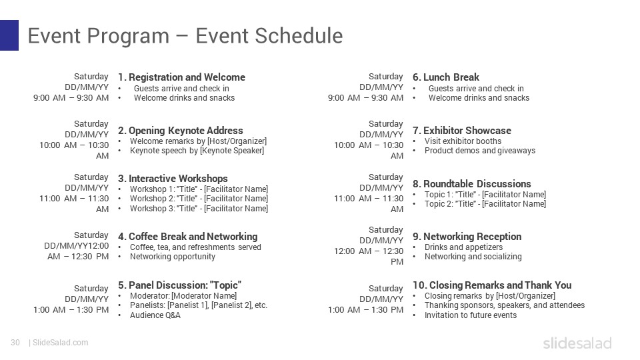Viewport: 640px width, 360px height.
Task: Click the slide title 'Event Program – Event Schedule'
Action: (185, 36)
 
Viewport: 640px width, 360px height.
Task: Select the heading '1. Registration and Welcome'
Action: (181, 77)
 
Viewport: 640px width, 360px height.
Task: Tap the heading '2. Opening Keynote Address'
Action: (181, 131)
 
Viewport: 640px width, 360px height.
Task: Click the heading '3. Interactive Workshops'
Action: (173, 179)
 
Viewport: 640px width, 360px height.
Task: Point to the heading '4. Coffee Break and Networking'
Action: (187, 237)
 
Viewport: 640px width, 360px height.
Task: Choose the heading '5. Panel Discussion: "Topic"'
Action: (179, 285)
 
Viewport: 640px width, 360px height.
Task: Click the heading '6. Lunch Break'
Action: (446, 77)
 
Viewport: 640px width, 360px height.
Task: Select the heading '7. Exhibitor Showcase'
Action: (462, 131)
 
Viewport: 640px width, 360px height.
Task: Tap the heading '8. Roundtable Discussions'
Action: (472, 184)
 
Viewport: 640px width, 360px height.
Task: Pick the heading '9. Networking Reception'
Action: (467, 237)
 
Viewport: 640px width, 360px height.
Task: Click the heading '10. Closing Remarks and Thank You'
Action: (492, 285)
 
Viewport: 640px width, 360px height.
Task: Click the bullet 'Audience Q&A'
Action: (155, 315)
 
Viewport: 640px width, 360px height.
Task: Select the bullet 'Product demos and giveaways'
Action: (480, 151)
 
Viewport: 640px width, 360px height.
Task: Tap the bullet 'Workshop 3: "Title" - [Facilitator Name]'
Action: (199, 209)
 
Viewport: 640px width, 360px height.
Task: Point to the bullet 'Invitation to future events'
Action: (471, 315)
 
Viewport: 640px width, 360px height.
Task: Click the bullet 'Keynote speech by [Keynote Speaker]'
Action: (197, 151)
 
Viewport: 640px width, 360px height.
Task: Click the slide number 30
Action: (15, 343)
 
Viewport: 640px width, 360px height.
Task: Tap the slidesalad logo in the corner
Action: (577, 343)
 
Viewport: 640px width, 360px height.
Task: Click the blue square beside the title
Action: (9, 35)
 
